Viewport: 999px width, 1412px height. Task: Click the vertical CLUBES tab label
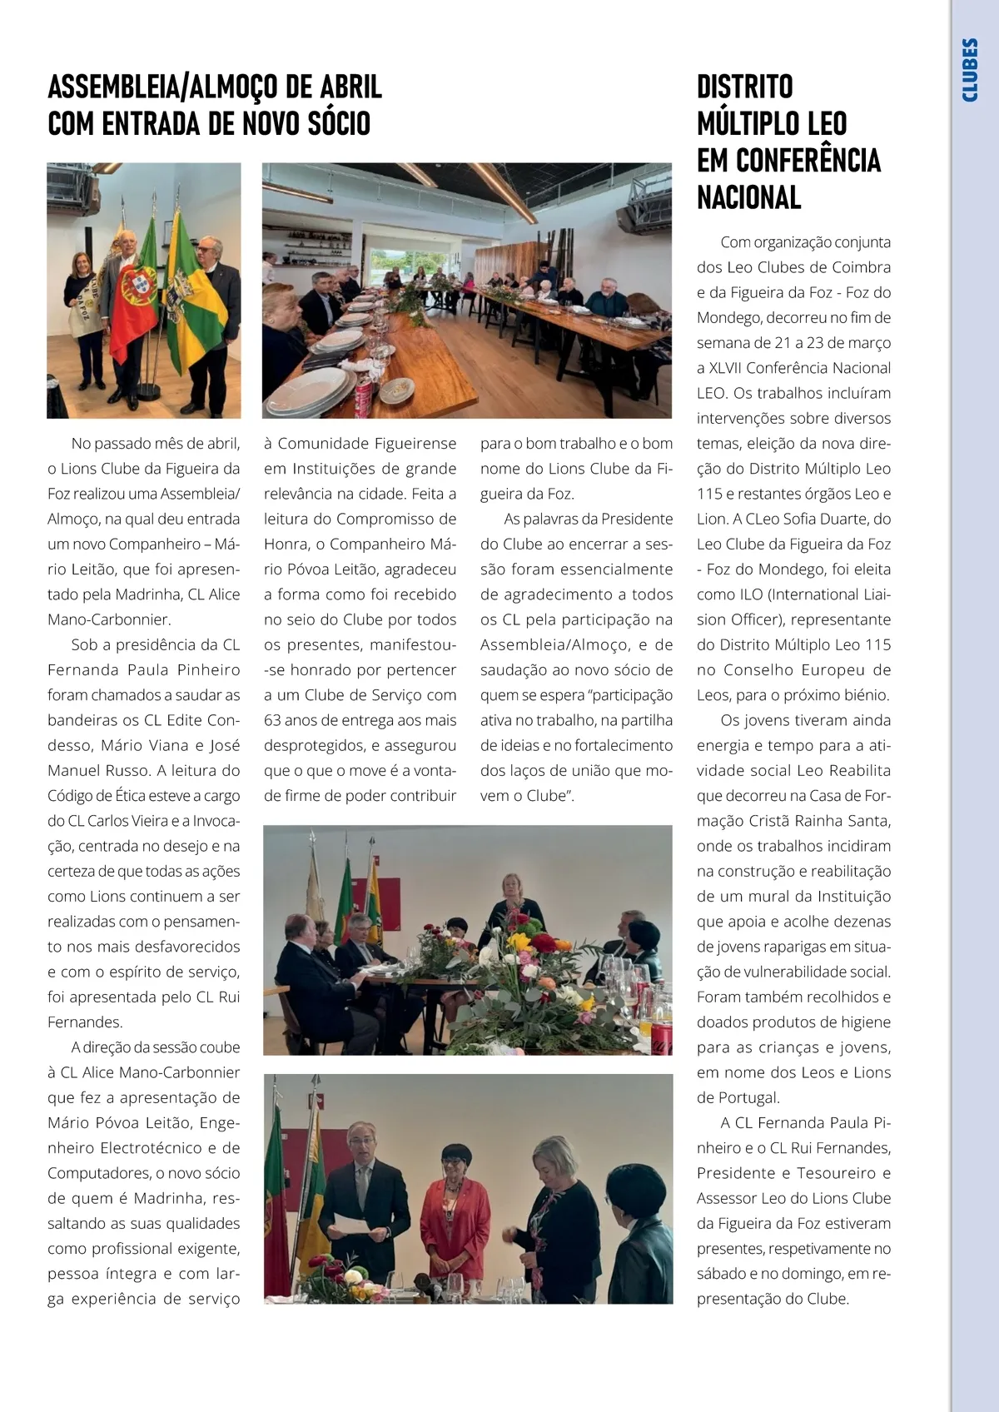970,70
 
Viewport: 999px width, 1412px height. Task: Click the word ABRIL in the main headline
347,87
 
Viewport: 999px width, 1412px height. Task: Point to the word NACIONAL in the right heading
748,198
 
